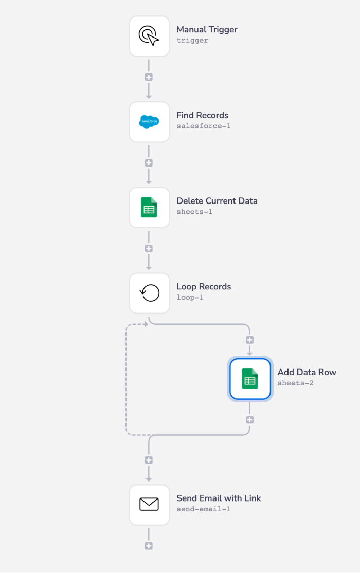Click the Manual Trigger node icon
(x=149, y=36)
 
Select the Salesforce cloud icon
(x=149, y=122)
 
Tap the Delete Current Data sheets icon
(x=149, y=208)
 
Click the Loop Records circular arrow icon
(x=149, y=293)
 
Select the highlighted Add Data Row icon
(x=250, y=379)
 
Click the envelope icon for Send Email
(x=149, y=505)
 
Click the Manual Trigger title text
(x=207, y=30)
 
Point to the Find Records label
(x=202, y=115)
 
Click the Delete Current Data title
(x=217, y=201)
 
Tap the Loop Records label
(x=204, y=287)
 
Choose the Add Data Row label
(x=307, y=373)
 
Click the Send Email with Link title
(x=219, y=498)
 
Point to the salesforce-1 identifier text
(x=203, y=126)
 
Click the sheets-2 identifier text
(x=295, y=383)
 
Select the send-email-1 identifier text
(x=203, y=509)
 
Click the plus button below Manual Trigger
(x=149, y=78)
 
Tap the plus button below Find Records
(x=149, y=163)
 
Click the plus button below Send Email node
(x=149, y=546)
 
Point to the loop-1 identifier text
(x=190, y=297)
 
